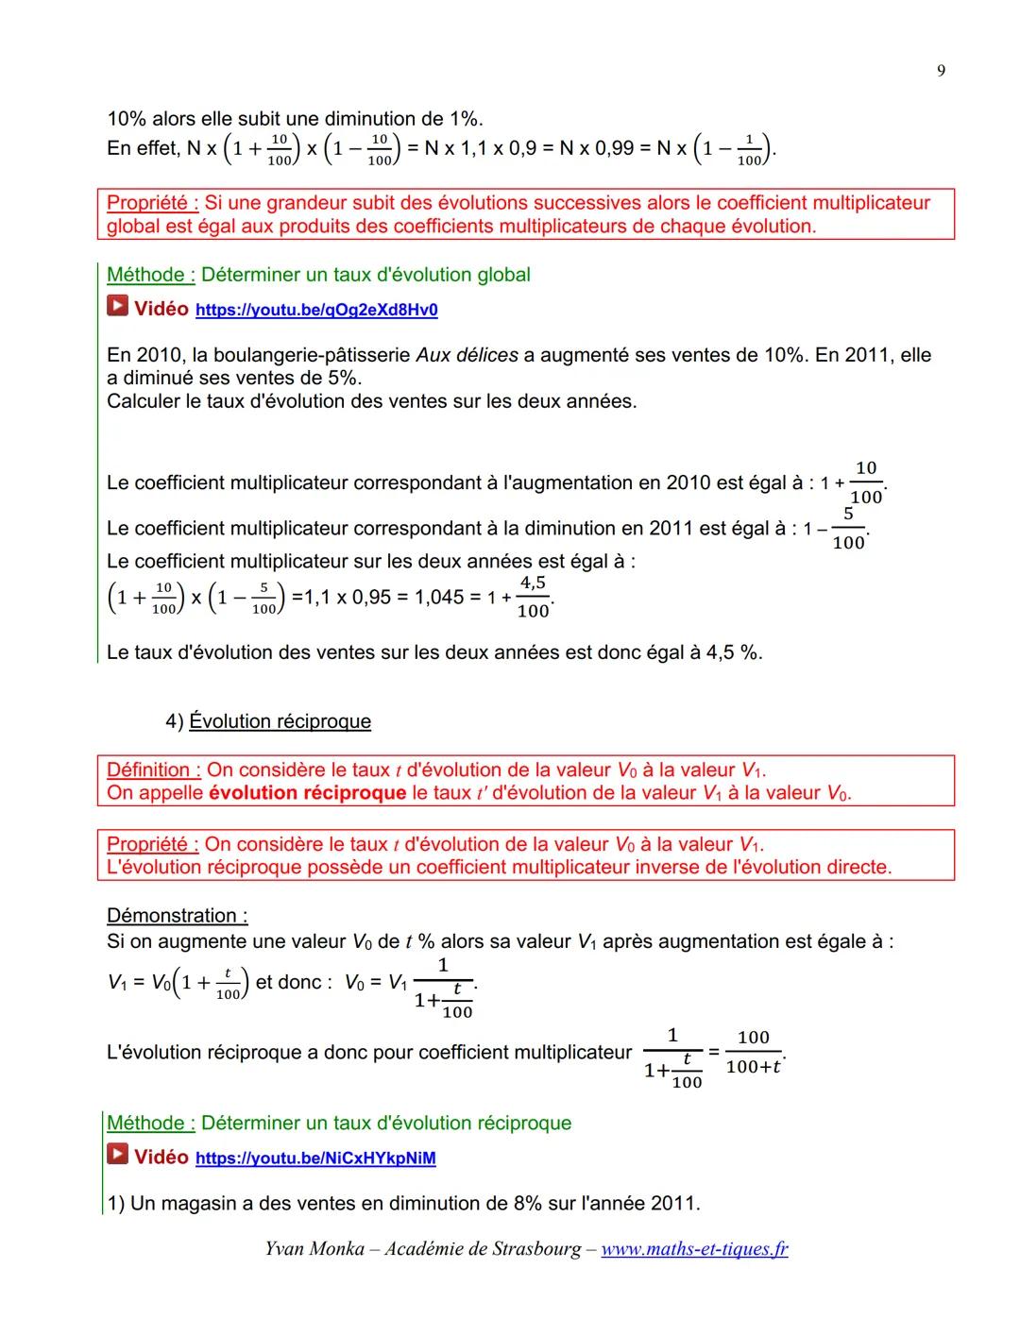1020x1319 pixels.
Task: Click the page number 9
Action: (941, 71)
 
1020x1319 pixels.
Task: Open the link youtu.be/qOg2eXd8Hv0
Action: (316, 310)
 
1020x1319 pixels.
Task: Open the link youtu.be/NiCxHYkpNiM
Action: (315, 1158)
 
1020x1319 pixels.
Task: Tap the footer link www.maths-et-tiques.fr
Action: (694, 1249)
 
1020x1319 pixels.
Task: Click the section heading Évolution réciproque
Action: (280, 721)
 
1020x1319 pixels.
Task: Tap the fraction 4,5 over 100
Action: (534, 598)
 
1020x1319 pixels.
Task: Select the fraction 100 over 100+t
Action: (754, 1052)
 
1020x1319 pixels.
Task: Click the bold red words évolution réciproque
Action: (307, 792)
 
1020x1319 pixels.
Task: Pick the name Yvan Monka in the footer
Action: (314, 1249)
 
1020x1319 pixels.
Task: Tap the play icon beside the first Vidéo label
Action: (117, 307)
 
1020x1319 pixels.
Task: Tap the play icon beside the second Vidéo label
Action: (117, 1155)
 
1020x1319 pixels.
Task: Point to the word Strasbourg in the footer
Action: (536, 1249)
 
